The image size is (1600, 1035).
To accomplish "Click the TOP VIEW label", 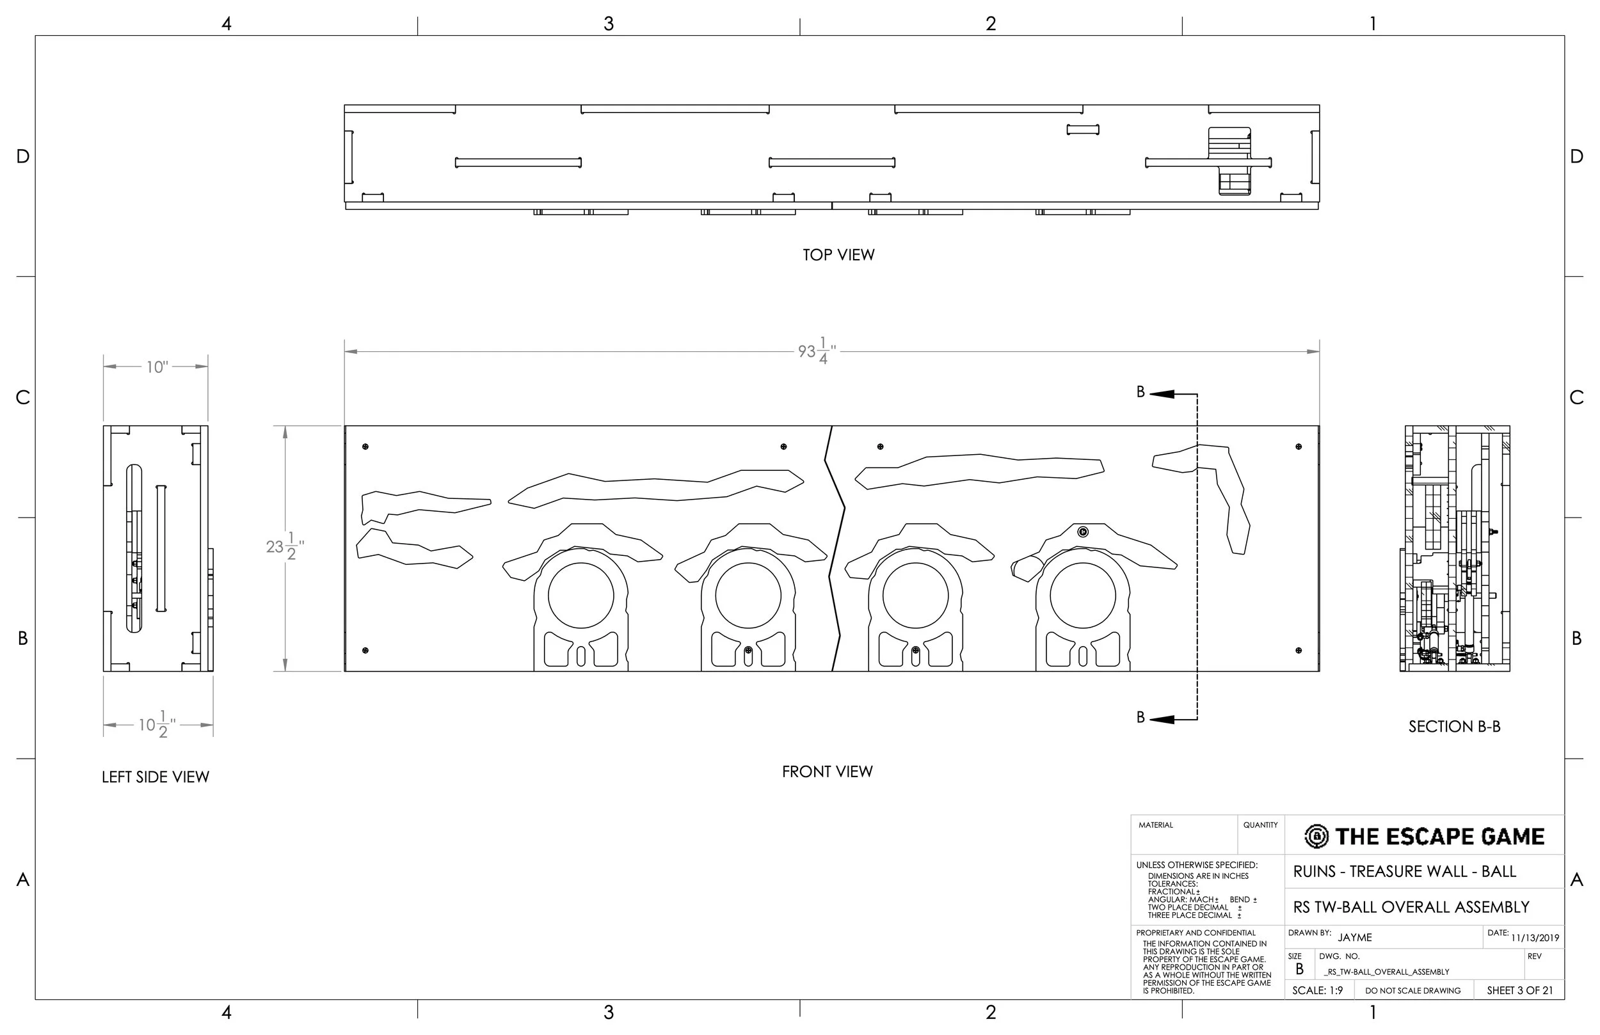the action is (838, 255).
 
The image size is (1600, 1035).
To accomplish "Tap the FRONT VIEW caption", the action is (827, 771).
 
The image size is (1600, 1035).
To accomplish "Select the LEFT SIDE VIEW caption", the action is (156, 777).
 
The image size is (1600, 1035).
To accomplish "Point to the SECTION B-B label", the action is (1454, 727).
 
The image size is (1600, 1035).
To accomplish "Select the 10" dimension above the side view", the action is (157, 367).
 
